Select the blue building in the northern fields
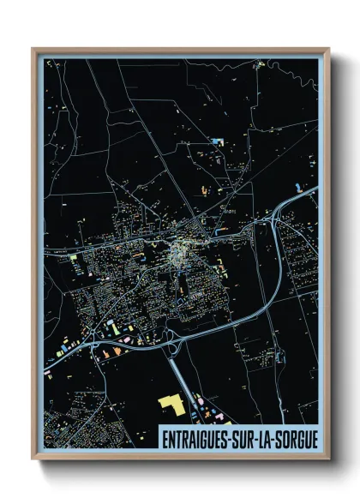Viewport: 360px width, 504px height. [217, 140]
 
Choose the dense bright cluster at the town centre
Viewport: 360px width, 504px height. [181, 253]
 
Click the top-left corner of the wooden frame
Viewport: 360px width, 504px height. [33, 49]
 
